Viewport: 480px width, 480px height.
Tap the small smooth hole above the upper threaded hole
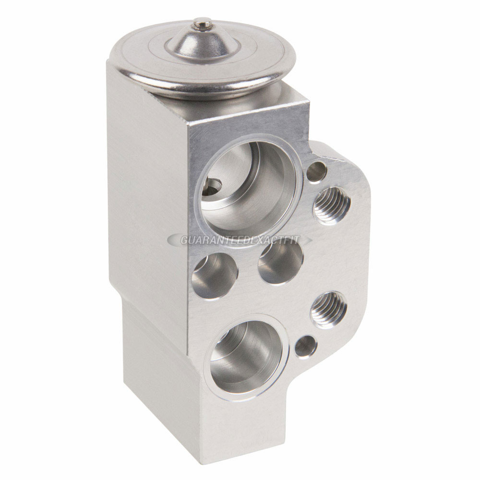tap(317, 171)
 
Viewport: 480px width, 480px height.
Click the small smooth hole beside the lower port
tap(305, 347)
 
